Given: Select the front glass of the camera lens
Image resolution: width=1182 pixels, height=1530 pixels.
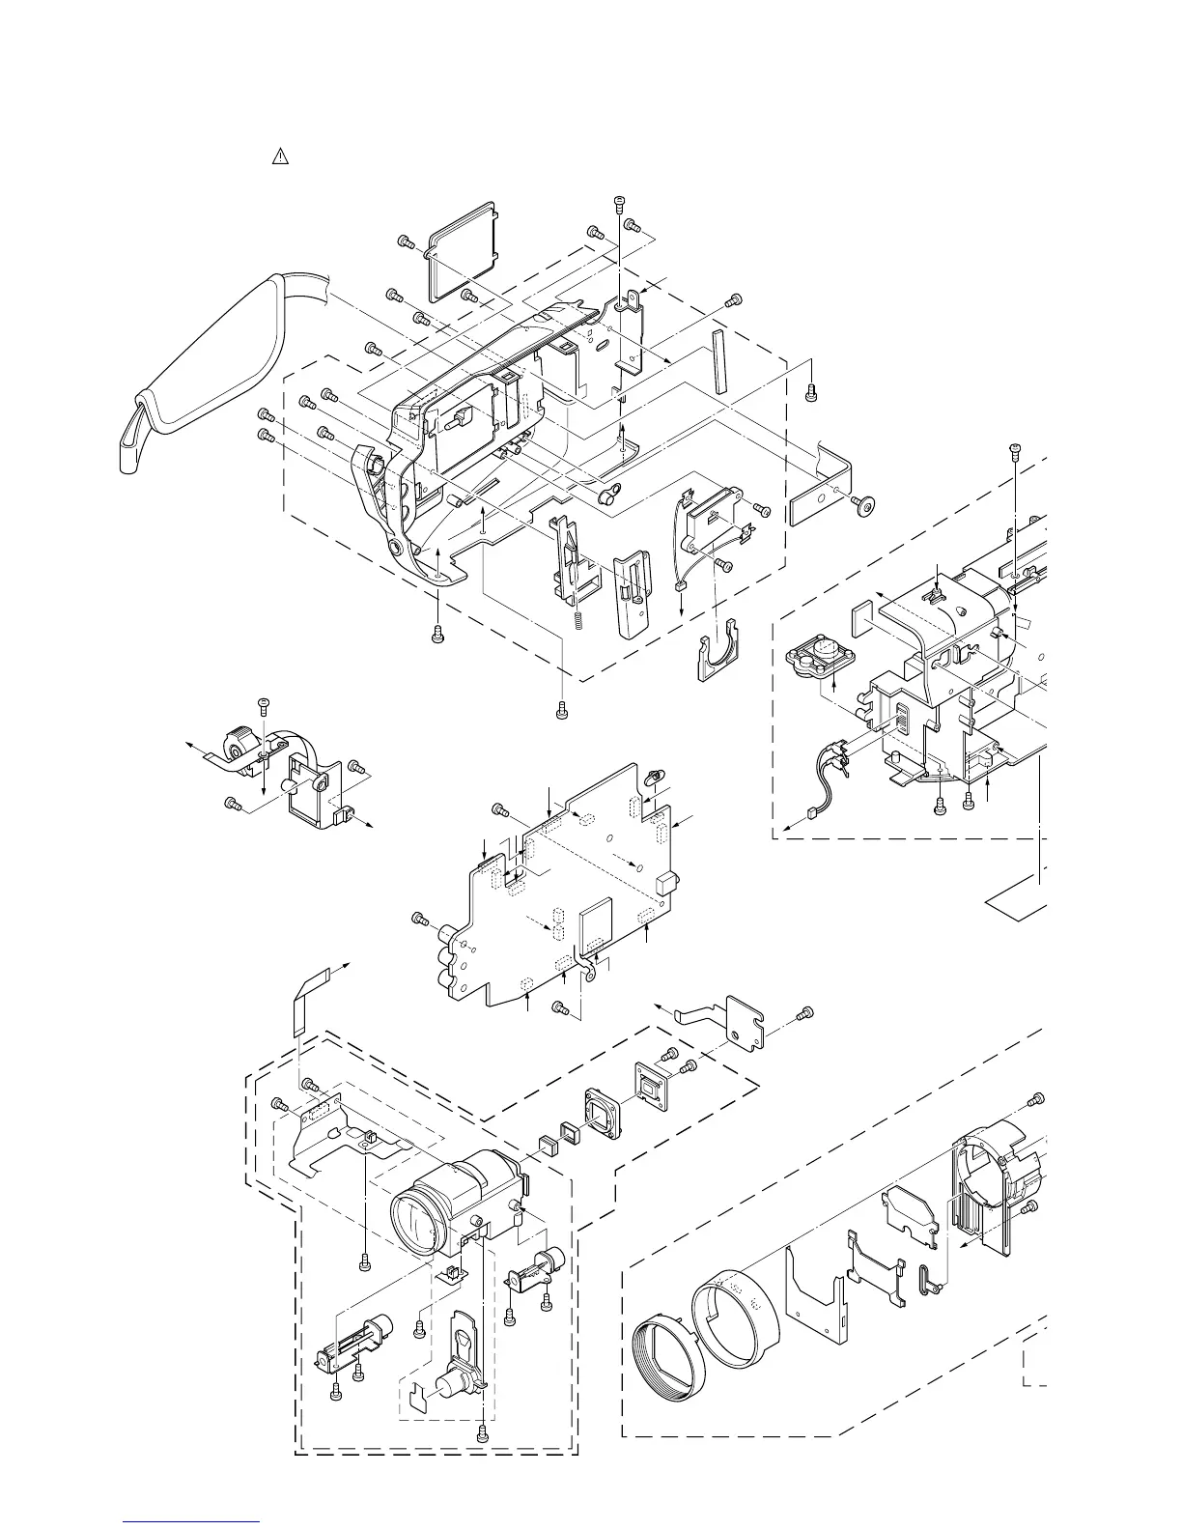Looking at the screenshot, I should [418, 1221].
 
